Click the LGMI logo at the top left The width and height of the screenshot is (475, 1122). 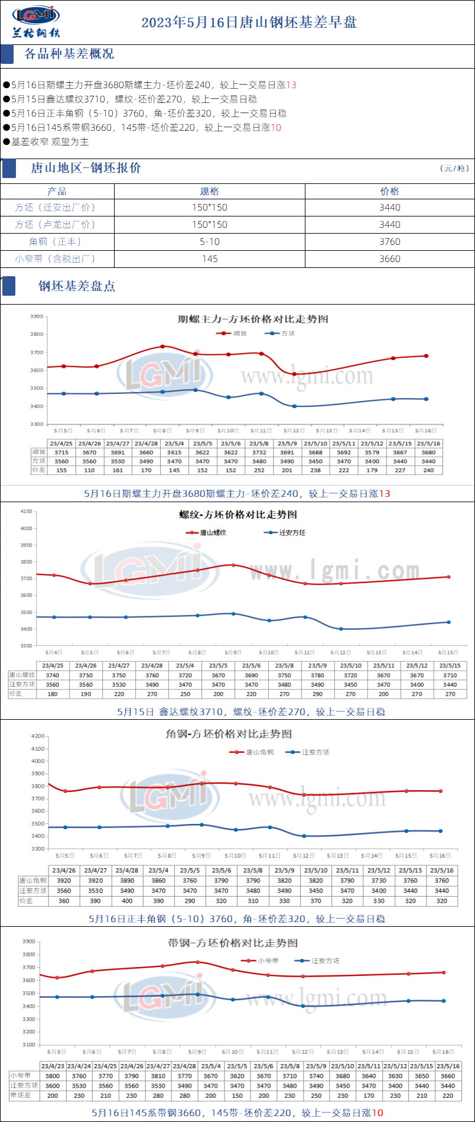click(36, 21)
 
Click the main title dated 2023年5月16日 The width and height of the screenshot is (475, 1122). click(249, 22)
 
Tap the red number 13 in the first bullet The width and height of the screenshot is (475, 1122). click(291, 85)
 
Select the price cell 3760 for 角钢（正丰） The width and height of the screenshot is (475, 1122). click(389, 241)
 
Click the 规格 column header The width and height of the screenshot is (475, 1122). click(209, 191)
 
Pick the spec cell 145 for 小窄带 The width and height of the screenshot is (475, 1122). click(209, 258)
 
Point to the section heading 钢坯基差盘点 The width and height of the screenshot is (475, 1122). click(77, 286)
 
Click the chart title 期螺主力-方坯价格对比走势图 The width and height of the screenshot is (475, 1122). click(253, 319)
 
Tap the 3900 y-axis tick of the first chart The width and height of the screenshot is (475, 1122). click(37, 316)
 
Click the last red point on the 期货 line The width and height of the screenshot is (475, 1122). click(426, 356)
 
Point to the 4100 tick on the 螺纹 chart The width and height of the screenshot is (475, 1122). click(27, 511)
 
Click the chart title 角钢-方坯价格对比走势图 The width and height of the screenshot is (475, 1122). click(229, 734)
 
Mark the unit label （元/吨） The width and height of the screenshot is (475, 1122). click(454, 169)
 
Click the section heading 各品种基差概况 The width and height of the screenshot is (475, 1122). click(69, 54)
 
